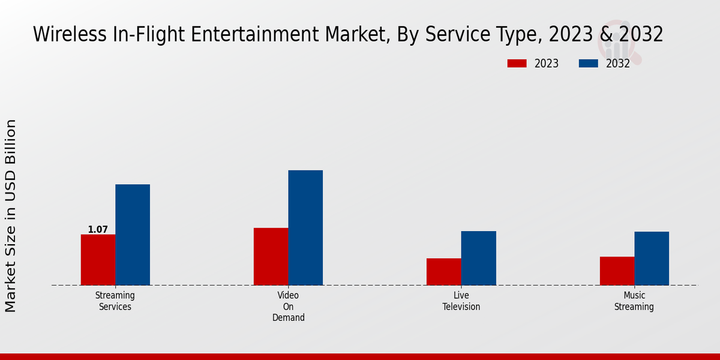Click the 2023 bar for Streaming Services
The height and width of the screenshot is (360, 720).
click(x=98, y=260)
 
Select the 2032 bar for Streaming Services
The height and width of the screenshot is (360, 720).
click(x=133, y=235)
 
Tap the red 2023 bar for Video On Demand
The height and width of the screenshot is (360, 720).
click(x=271, y=256)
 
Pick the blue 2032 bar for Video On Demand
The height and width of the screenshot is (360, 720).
click(x=305, y=228)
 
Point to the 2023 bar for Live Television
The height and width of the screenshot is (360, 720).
click(x=444, y=272)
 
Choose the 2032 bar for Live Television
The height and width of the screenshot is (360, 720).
click(x=479, y=258)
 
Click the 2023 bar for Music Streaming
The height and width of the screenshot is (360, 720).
click(x=617, y=271)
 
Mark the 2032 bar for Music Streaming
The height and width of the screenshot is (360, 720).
click(x=652, y=259)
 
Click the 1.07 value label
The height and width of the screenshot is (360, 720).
click(x=98, y=229)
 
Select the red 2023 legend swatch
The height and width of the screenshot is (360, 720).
click(x=517, y=64)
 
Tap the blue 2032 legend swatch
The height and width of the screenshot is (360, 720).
click(x=589, y=64)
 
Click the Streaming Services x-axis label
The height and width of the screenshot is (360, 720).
click(x=115, y=301)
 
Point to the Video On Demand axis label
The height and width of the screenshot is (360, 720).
click(x=288, y=306)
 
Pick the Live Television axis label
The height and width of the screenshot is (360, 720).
click(x=461, y=301)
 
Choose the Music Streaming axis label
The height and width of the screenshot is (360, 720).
click(x=634, y=301)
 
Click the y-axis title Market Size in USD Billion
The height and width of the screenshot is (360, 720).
click(x=11, y=216)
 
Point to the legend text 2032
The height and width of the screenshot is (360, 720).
click(x=617, y=64)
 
